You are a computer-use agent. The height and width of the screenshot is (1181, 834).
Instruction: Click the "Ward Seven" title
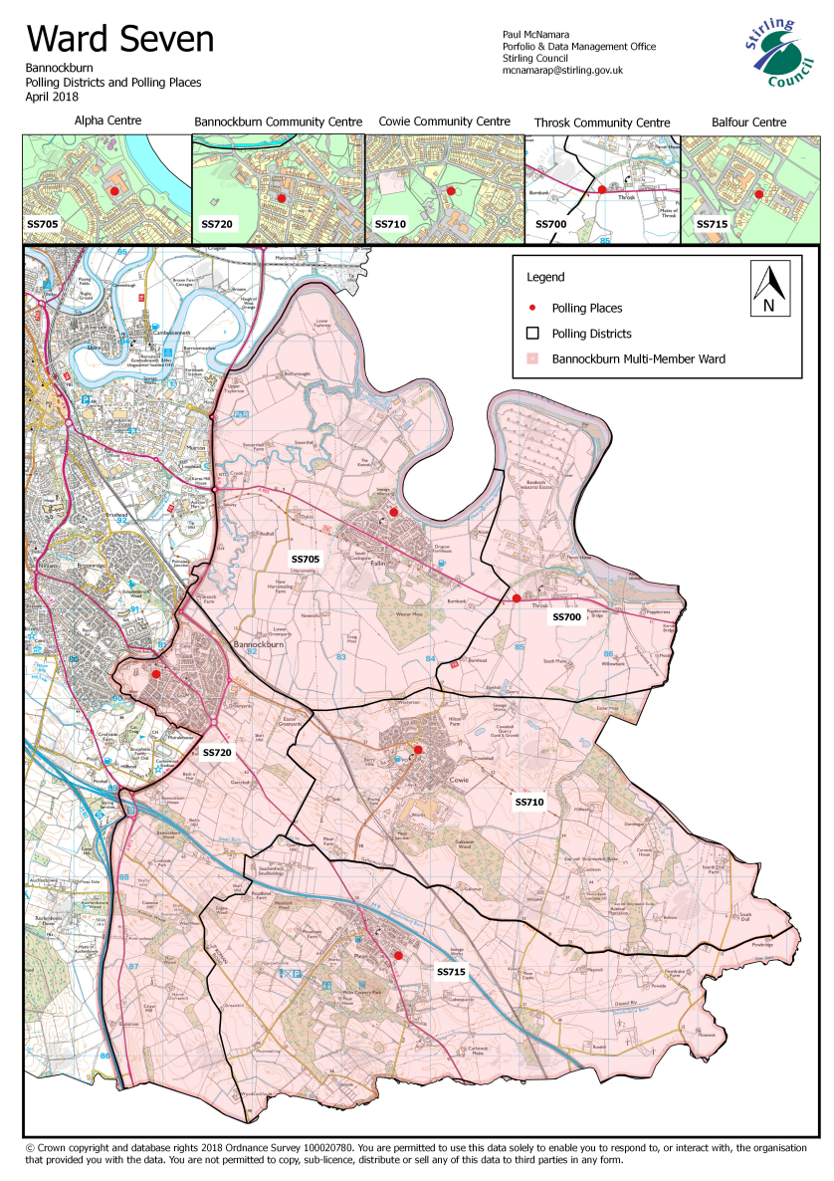tap(119, 39)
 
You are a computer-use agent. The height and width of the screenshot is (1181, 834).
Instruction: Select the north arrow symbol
tap(768, 288)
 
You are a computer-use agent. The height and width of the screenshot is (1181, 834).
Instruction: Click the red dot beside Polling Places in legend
tap(532, 309)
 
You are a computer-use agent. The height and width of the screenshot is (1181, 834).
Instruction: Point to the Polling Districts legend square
tap(532, 334)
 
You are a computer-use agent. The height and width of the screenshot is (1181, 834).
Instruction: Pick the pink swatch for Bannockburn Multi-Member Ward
tap(532, 358)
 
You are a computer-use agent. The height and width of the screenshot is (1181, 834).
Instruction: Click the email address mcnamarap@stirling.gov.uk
tap(562, 71)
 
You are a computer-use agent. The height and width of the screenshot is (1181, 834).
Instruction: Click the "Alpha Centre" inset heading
tap(106, 121)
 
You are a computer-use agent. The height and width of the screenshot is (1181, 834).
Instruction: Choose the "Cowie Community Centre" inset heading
tap(444, 121)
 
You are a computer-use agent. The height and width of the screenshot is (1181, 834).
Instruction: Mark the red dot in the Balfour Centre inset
tap(758, 194)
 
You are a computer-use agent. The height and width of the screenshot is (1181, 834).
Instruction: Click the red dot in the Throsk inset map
tap(602, 188)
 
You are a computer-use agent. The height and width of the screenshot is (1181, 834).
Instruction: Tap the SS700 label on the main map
tap(566, 618)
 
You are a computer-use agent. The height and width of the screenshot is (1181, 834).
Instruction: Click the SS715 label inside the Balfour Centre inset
tap(711, 225)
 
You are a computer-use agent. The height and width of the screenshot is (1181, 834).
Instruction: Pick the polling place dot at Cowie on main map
tap(418, 749)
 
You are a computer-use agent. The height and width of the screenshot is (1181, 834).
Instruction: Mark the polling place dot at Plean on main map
tap(398, 955)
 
